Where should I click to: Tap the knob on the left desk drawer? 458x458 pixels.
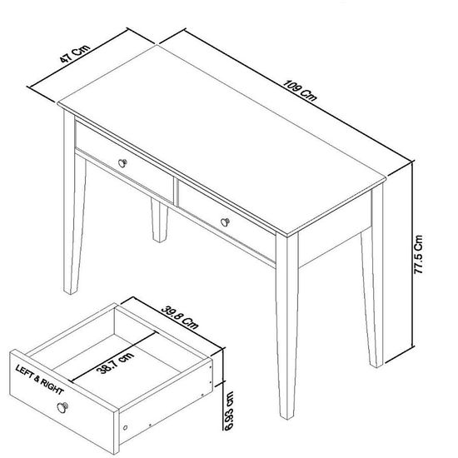[124, 162]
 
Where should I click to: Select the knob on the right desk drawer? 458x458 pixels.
[226, 221]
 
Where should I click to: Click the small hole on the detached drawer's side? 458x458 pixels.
[127, 426]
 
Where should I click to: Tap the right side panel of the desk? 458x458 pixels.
[333, 241]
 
